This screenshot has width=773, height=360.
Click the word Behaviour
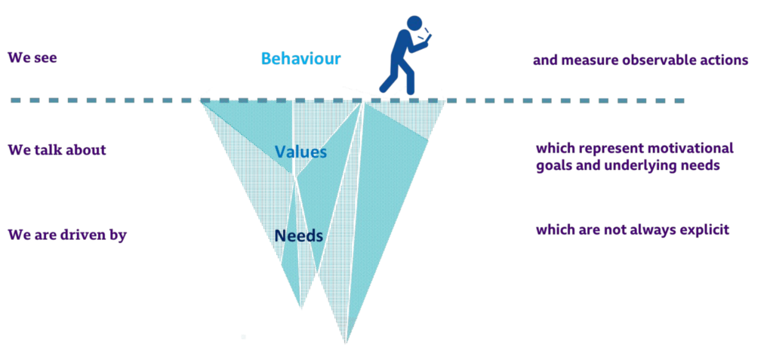[300, 59]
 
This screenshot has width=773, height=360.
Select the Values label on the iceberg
[300, 152]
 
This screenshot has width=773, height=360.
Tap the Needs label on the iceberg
[299, 235]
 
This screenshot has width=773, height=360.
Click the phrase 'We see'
[32, 57]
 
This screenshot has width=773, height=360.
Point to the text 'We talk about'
[57, 149]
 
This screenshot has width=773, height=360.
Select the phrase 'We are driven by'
[67, 235]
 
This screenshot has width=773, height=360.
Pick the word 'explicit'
[705, 229]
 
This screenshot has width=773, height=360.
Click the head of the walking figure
[414, 23]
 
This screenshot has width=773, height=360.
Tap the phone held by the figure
[426, 36]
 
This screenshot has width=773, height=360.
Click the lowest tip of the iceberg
[346, 343]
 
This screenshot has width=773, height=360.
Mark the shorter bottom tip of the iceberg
[301, 308]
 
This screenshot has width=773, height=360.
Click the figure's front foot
[409, 91]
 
